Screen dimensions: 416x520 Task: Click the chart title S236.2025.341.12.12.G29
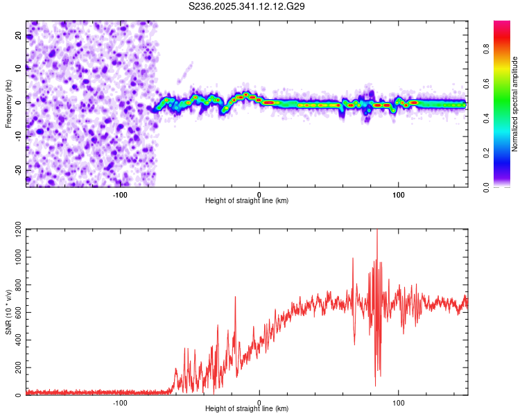pos(248,6)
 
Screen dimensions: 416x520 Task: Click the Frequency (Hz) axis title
pos(8,104)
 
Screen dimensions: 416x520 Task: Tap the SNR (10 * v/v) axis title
pos(8,312)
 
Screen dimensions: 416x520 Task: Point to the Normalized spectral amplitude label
pos(515,104)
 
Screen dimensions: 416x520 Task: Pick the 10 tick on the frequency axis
pos(19,68)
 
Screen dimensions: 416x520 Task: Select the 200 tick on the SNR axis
pos(16,367)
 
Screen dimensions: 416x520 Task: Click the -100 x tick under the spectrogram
pos(120,193)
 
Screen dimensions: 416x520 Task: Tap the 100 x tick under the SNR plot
pos(399,401)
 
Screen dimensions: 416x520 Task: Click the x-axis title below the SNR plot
pos(247,409)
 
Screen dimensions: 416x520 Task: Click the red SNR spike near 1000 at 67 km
pos(353,259)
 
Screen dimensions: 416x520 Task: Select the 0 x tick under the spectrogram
pos(259,193)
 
